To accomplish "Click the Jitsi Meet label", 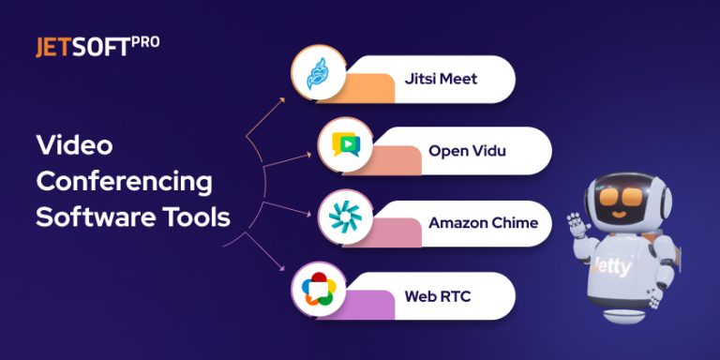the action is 442,79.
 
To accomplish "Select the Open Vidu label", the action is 467,150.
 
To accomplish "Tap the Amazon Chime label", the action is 483,223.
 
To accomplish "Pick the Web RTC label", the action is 437,296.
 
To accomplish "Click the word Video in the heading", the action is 74,145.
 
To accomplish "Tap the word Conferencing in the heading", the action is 124,181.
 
